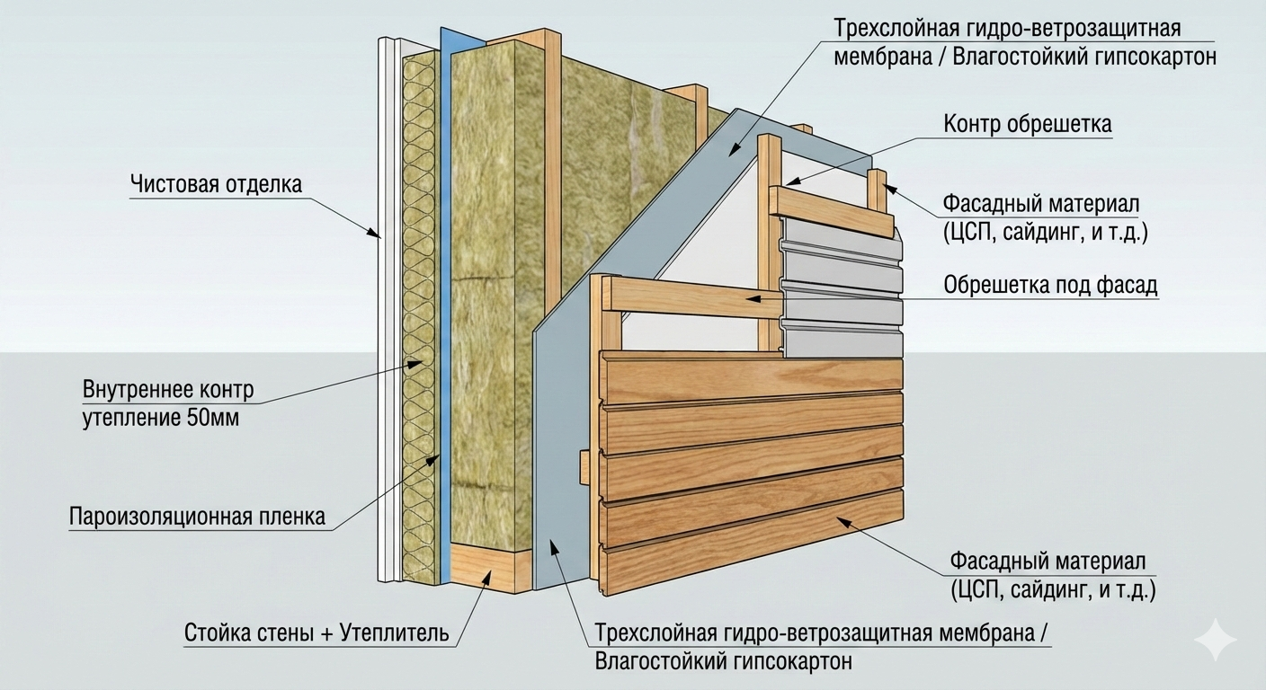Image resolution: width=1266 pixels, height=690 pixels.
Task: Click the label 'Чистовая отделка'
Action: (216, 185)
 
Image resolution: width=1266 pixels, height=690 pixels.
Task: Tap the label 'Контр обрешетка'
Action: (1028, 124)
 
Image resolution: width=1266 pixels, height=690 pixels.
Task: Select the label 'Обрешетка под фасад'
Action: (1050, 286)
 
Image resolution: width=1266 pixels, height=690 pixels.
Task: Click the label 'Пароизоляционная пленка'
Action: (197, 517)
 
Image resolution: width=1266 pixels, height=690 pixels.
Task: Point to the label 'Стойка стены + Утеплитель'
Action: (316, 632)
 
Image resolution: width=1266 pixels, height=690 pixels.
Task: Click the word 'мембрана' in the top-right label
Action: (878, 57)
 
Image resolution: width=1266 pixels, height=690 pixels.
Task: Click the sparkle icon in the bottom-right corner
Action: (1215, 639)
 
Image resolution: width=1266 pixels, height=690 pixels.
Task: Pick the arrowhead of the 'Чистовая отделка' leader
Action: (374, 234)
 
